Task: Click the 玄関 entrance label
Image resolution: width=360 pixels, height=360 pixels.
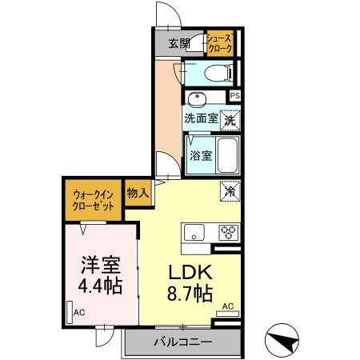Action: [x=179, y=43]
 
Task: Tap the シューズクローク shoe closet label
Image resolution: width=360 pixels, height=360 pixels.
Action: [x=219, y=43]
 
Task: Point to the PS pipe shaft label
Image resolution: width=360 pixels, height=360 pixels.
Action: [x=234, y=96]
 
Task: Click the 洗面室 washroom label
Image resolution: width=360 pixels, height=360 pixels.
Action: [x=201, y=118]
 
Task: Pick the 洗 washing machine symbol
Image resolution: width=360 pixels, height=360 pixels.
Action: [x=230, y=120]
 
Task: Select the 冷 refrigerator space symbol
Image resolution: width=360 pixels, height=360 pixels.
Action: [x=229, y=191]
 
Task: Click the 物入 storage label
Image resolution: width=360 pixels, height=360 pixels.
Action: [x=138, y=192]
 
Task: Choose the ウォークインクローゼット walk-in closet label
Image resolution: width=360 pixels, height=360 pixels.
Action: [x=94, y=198]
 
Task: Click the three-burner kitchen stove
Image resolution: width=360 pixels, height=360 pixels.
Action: [x=228, y=233]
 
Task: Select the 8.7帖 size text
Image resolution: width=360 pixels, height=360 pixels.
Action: [x=190, y=294]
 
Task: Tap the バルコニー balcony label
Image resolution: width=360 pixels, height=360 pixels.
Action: [x=182, y=342]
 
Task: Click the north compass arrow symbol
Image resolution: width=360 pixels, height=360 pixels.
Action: [x=283, y=339]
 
